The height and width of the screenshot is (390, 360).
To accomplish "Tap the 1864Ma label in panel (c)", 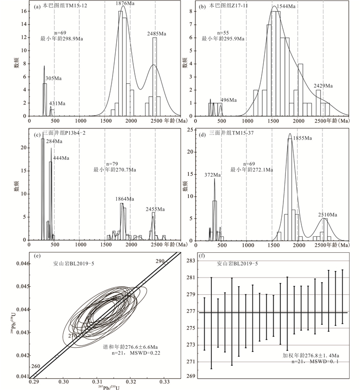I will click(123, 199).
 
